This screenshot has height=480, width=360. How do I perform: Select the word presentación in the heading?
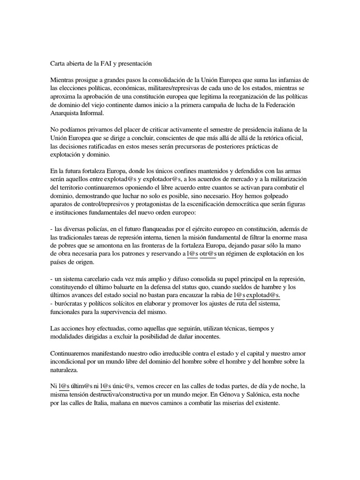coord(139,62)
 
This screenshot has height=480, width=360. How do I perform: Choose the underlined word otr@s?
coord(208,254)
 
